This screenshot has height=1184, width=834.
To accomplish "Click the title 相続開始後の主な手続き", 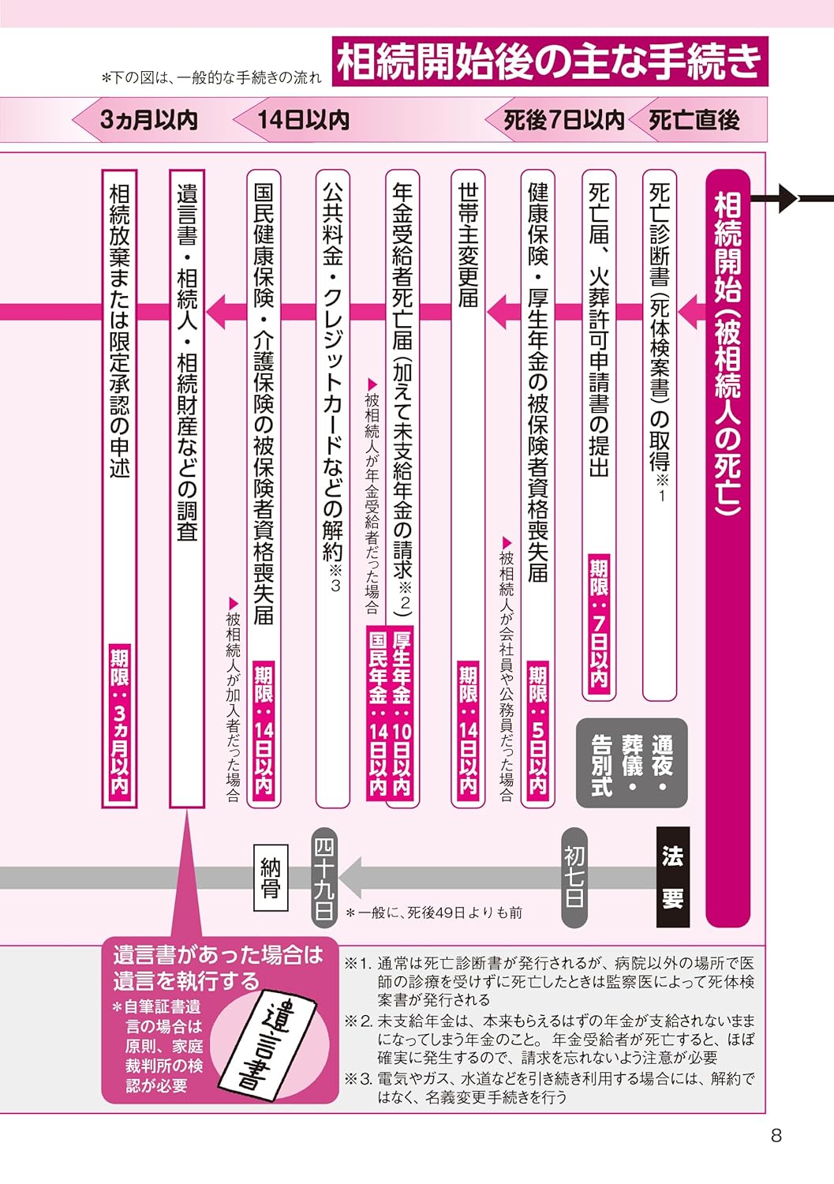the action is (550, 62).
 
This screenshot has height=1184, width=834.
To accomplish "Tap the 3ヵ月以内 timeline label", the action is (148, 120).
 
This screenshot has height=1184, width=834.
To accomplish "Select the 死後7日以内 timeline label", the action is (563, 120).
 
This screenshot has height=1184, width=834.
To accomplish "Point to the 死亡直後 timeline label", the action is (694, 120).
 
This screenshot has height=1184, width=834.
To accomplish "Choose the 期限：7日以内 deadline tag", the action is (599, 624).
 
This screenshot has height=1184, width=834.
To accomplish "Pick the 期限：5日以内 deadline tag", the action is (537, 729).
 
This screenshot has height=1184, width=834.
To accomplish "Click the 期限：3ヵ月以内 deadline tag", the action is (119, 721).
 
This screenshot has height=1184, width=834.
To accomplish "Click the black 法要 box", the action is (672, 876).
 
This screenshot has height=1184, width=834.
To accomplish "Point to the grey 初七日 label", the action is (574, 876).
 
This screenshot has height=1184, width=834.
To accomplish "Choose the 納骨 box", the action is (271, 877).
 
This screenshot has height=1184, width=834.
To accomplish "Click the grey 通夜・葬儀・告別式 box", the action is (631, 763).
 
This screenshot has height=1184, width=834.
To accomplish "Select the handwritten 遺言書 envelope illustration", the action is (273, 1043).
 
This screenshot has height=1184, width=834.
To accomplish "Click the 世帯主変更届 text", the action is (468, 245).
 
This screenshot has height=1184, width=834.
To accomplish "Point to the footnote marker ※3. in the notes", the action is (358, 1078).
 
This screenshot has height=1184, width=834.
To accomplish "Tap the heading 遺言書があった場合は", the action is (218, 955).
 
